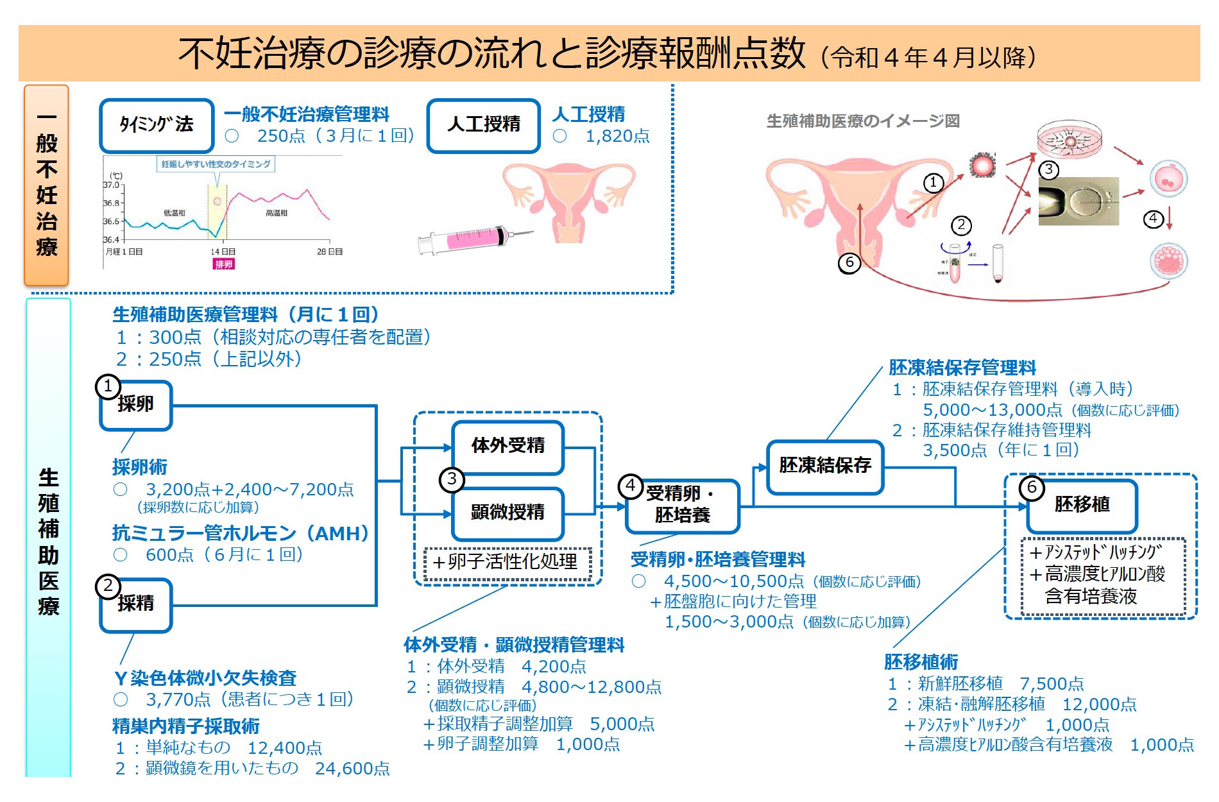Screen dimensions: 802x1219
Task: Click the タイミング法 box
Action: (157, 125)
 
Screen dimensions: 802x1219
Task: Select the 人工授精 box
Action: (484, 125)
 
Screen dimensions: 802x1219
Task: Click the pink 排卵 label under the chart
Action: (224, 264)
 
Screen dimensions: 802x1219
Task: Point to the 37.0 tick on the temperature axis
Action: (112, 185)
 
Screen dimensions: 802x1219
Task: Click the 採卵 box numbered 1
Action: (136, 404)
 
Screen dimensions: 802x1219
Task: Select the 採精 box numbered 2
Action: (136, 604)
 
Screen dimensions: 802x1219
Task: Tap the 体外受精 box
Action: (507, 446)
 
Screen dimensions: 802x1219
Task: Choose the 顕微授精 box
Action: (507, 513)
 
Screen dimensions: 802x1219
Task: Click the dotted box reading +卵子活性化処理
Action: (507, 563)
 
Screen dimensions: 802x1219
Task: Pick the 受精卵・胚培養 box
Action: (682, 505)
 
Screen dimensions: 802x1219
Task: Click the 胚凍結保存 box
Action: (825, 466)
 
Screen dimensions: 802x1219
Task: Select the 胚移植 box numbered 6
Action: (1082, 505)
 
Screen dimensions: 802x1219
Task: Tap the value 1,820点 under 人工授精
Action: (617, 136)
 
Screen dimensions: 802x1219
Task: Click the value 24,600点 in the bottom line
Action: (352, 768)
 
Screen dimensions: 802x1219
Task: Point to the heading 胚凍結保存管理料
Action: (962, 368)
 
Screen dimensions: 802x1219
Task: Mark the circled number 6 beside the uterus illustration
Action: (849, 262)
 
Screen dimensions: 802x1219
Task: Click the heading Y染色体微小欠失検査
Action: (205, 678)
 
